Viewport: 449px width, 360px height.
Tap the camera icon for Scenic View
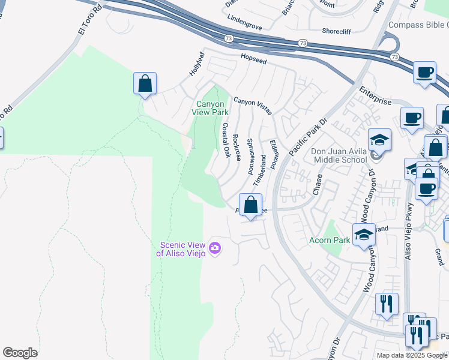pyautogui.click(x=215, y=247)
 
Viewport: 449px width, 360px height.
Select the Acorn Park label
pyautogui.click(x=330, y=241)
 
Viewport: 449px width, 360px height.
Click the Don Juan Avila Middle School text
pyautogui.click(x=339, y=156)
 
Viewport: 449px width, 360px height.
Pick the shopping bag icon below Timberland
pyautogui.click(x=251, y=205)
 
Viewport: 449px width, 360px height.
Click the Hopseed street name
pyautogui.click(x=253, y=60)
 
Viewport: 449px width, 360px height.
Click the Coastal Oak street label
pyautogui.click(x=226, y=140)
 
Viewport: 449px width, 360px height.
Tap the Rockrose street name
pyautogui.click(x=237, y=148)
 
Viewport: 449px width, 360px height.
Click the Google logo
pyautogui.click(x=20, y=353)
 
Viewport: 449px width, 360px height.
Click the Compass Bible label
pyautogui.click(x=418, y=25)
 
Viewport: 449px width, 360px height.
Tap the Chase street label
pyautogui.click(x=318, y=185)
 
